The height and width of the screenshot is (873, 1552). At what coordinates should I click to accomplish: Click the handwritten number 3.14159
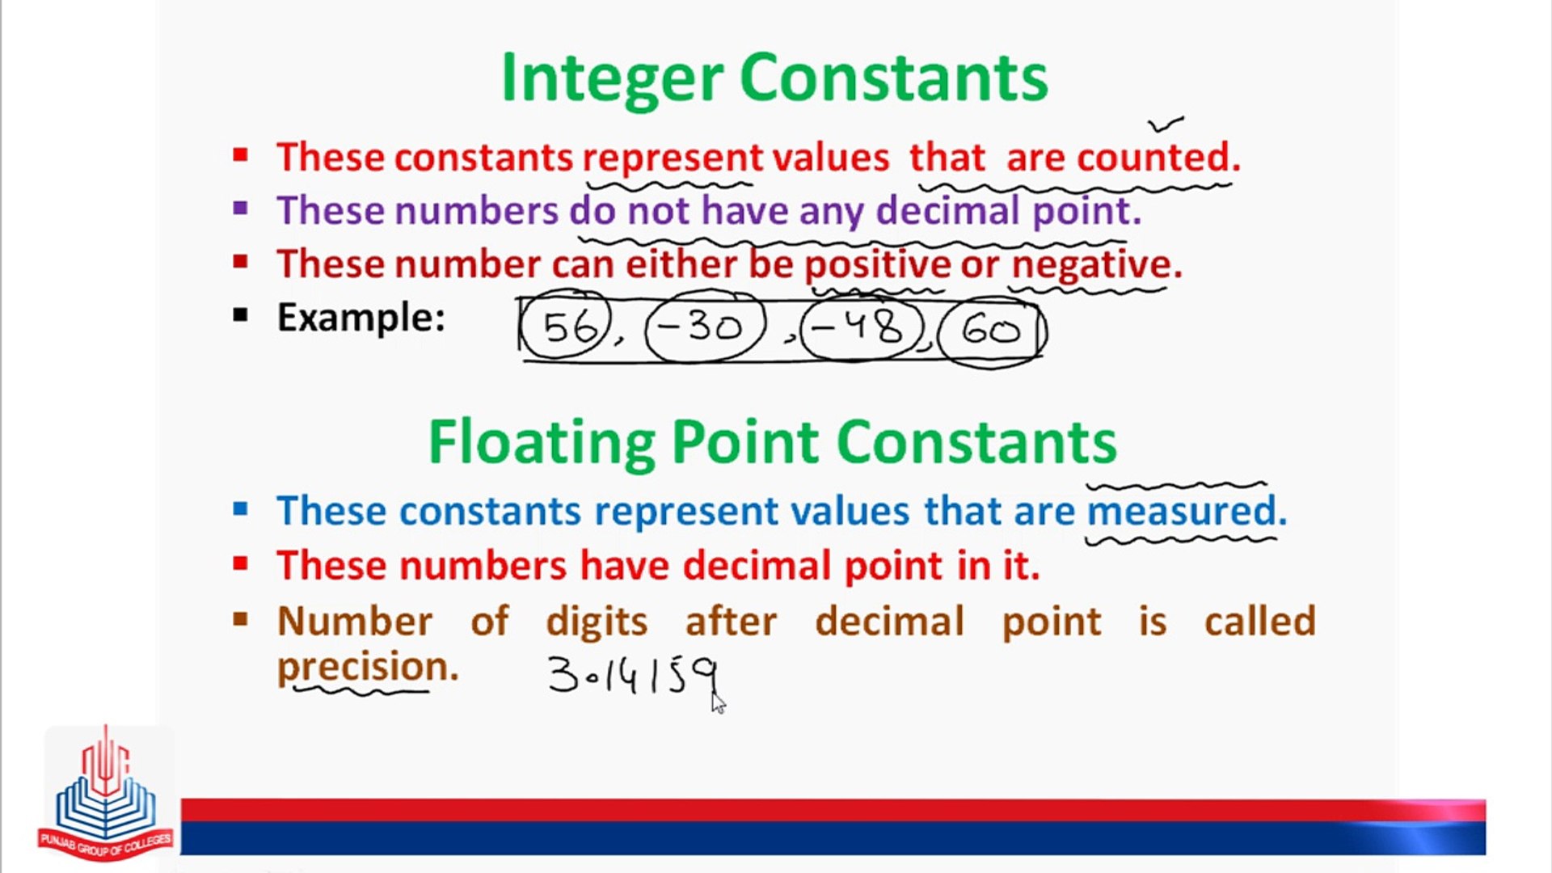point(633,676)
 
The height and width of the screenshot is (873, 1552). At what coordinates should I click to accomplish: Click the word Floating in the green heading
point(541,443)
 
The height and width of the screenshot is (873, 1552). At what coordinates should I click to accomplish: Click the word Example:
point(361,317)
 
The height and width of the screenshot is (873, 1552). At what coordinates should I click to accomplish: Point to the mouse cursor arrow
point(718,702)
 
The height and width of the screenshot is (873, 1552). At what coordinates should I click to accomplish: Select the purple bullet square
point(240,209)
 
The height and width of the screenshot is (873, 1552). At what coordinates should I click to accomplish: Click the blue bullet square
point(240,509)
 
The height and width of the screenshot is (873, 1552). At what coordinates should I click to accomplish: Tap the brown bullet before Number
point(240,620)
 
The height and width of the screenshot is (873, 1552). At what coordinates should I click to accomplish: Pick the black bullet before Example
point(240,315)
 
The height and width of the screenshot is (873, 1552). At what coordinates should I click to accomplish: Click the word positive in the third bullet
point(877,264)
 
